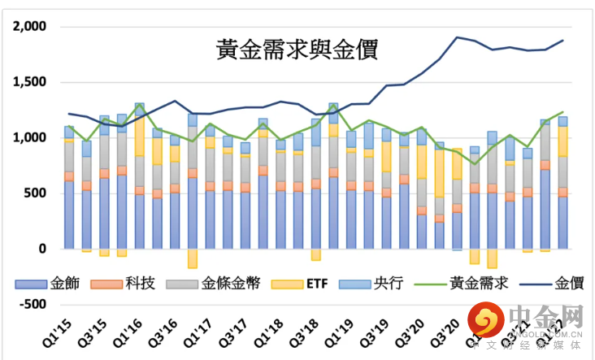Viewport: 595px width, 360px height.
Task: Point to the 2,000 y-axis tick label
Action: pos(30,27)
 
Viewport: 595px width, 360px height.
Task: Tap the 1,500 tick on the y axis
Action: pos(30,82)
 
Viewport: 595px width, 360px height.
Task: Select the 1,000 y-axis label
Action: pos(30,137)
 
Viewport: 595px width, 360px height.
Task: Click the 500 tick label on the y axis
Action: pos(36,193)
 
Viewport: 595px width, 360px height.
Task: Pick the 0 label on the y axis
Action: pos(44,249)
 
